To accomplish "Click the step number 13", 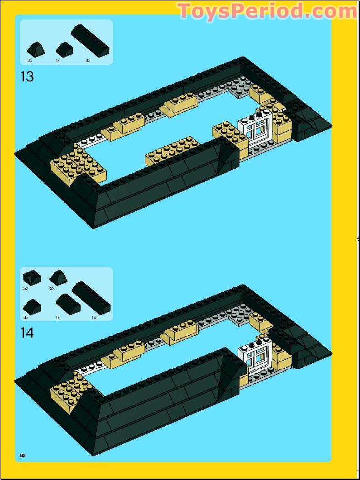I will [x=27, y=76].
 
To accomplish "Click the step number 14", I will [x=27, y=333].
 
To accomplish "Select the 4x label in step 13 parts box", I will [x=88, y=60].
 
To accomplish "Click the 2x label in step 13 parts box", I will [x=29, y=60].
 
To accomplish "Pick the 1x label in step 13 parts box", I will [x=58, y=60].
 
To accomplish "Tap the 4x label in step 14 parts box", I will [x=26, y=318].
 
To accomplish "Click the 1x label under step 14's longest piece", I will [x=94, y=318].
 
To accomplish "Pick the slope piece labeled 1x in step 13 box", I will [x=64, y=48].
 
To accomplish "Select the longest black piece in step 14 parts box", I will [x=91, y=298].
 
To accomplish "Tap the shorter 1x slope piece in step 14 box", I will [x=67, y=304].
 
